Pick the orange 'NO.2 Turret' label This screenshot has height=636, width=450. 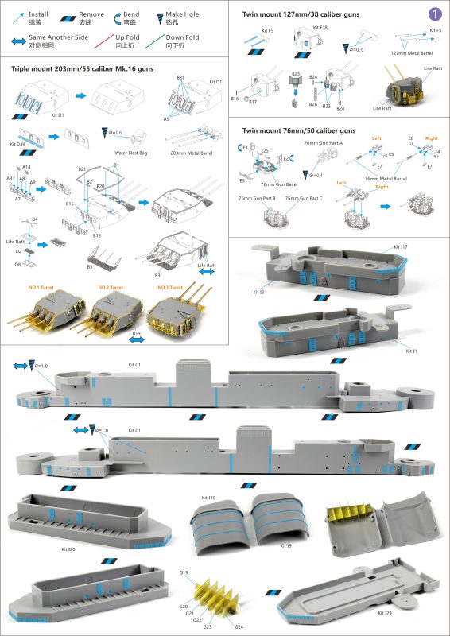tap(114, 287)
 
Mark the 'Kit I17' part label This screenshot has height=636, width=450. tap(401, 247)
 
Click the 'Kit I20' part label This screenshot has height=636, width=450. tap(71, 549)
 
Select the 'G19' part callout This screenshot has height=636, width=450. tap(184, 572)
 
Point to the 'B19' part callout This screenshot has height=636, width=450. tap(136, 333)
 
